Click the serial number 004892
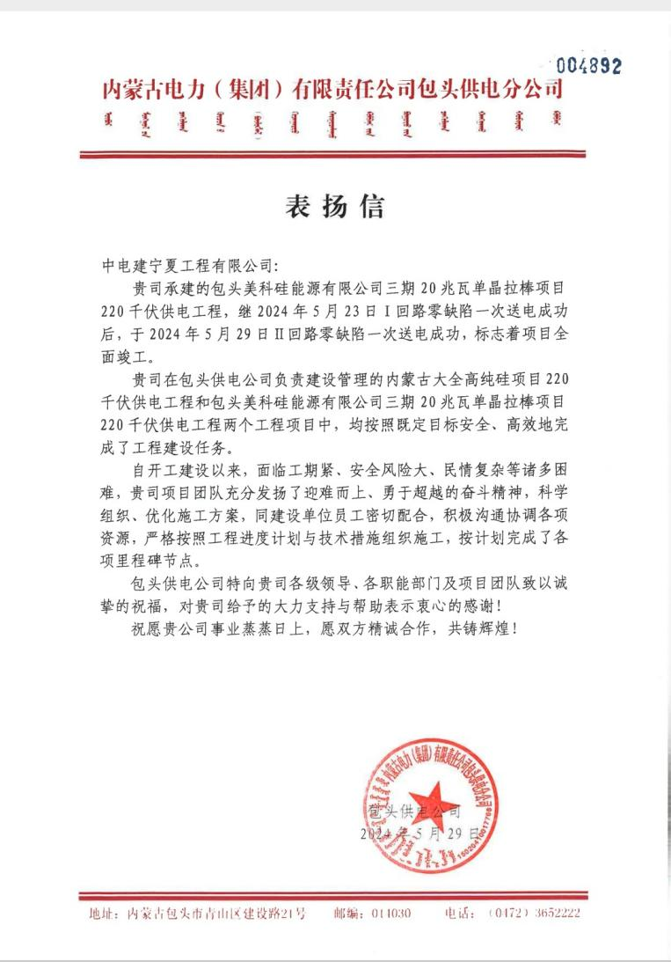[x=588, y=65]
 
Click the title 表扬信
[x=335, y=207]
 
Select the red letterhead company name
[x=332, y=89]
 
